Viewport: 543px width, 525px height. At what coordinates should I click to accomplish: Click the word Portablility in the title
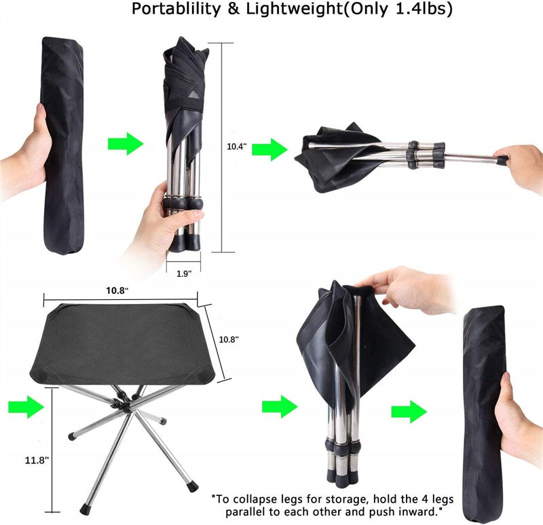[x=176, y=9]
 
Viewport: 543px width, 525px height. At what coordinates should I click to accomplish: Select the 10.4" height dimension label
[x=236, y=147]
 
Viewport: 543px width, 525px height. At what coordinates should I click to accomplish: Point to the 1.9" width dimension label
[x=184, y=274]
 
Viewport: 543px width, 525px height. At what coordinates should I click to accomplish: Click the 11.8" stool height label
[x=37, y=461]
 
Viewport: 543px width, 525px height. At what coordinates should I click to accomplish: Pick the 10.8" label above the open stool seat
[x=117, y=290]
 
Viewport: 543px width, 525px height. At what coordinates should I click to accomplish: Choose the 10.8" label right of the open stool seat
[x=229, y=340]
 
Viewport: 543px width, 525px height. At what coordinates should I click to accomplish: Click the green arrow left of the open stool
[x=26, y=407]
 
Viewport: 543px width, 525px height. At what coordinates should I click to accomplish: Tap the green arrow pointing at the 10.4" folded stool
[x=126, y=143]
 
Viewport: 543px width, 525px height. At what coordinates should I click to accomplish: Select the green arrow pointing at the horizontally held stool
[x=269, y=149]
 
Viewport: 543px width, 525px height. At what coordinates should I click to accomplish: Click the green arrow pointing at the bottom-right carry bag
[x=409, y=412]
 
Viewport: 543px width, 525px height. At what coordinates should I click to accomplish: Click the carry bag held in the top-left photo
[x=63, y=145]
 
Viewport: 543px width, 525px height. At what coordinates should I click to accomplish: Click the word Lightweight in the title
[x=295, y=9]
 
